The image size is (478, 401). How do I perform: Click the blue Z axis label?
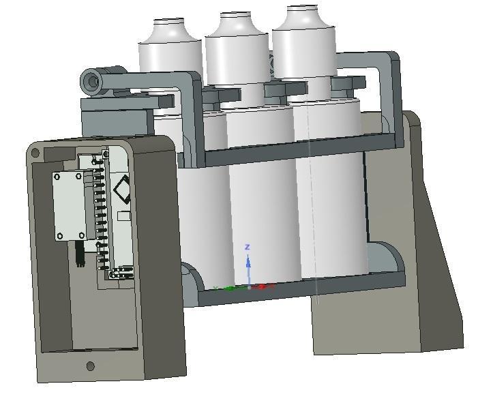(248, 247)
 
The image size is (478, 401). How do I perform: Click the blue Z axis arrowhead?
(248, 261)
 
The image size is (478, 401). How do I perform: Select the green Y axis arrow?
(228, 288)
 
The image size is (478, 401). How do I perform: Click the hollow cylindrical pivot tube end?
(91, 83)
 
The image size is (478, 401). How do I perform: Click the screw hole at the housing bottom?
(91, 366)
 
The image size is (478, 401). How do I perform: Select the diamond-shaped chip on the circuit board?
(123, 189)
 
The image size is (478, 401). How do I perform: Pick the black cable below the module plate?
(80, 254)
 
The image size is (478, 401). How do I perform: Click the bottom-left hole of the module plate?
(61, 236)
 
